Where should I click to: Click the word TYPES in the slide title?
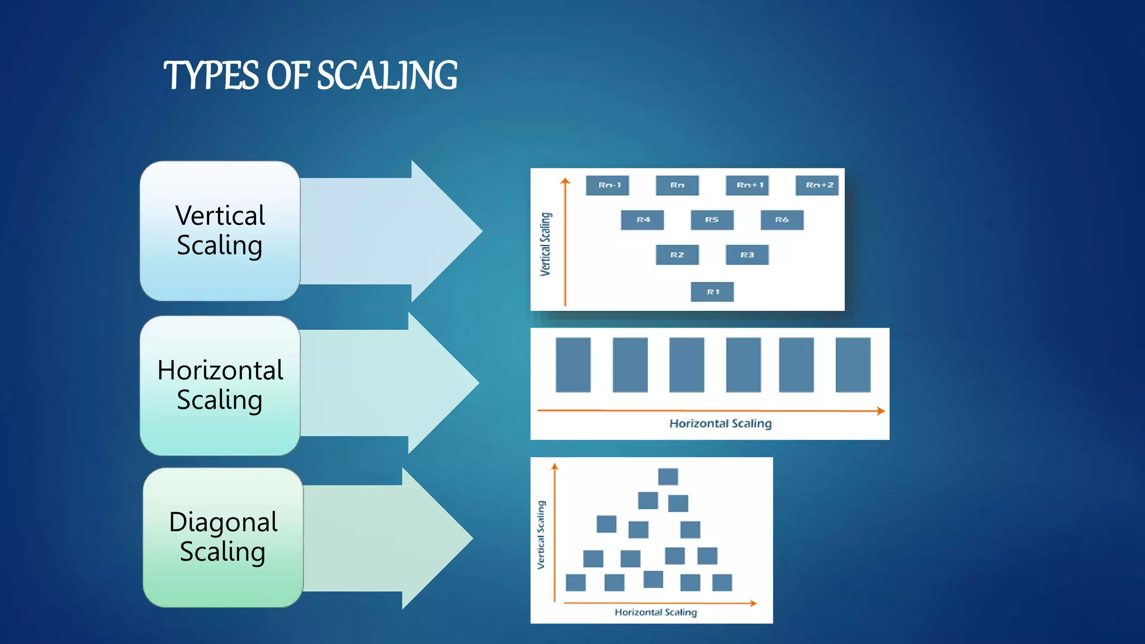[x=211, y=75]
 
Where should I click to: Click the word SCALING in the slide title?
[x=387, y=75]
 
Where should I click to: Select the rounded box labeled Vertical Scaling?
[x=220, y=231]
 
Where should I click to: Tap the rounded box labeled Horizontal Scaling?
[x=220, y=385]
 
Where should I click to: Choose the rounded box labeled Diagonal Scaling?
[x=223, y=537]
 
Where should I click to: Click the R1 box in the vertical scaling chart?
[x=712, y=292]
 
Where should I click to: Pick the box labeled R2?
[x=677, y=255]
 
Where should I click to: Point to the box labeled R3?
[x=747, y=255]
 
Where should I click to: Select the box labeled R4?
[x=642, y=220]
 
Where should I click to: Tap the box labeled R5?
[x=712, y=220]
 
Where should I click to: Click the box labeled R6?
[x=782, y=220]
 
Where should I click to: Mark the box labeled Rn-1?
[x=608, y=185]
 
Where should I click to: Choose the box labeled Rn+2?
[x=817, y=185]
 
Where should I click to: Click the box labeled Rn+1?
[x=747, y=185]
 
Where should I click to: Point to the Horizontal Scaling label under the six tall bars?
[x=720, y=424]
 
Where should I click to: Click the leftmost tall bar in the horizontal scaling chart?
[x=573, y=364]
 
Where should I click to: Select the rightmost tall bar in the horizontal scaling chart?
[x=853, y=364]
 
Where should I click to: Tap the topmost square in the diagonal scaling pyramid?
[x=668, y=476]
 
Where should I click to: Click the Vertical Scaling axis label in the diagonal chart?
[x=541, y=534]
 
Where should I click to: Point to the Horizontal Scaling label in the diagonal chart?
[x=656, y=612]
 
